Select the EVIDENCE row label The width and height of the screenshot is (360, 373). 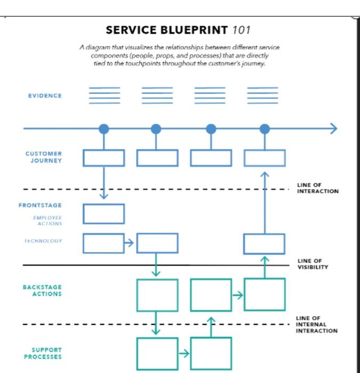(x=45, y=96)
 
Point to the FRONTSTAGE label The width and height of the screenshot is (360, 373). (x=40, y=205)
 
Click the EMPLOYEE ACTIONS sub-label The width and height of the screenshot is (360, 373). (x=47, y=221)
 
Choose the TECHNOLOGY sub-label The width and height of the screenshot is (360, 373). (x=43, y=241)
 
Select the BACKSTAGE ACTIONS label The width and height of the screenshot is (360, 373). (x=42, y=290)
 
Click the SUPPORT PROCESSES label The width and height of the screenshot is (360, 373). (x=43, y=353)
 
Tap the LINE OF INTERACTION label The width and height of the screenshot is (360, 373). (x=317, y=188)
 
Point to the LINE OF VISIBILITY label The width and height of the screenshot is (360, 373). (x=313, y=264)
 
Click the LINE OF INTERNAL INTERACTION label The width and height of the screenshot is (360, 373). (x=316, y=324)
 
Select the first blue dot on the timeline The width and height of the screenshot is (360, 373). (x=104, y=128)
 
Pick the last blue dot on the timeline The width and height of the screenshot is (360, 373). (x=265, y=128)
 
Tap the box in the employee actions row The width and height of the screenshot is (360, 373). (x=103, y=214)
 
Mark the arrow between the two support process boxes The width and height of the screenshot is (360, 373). (x=184, y=353)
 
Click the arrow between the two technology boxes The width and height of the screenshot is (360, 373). (x=130, y=244)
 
